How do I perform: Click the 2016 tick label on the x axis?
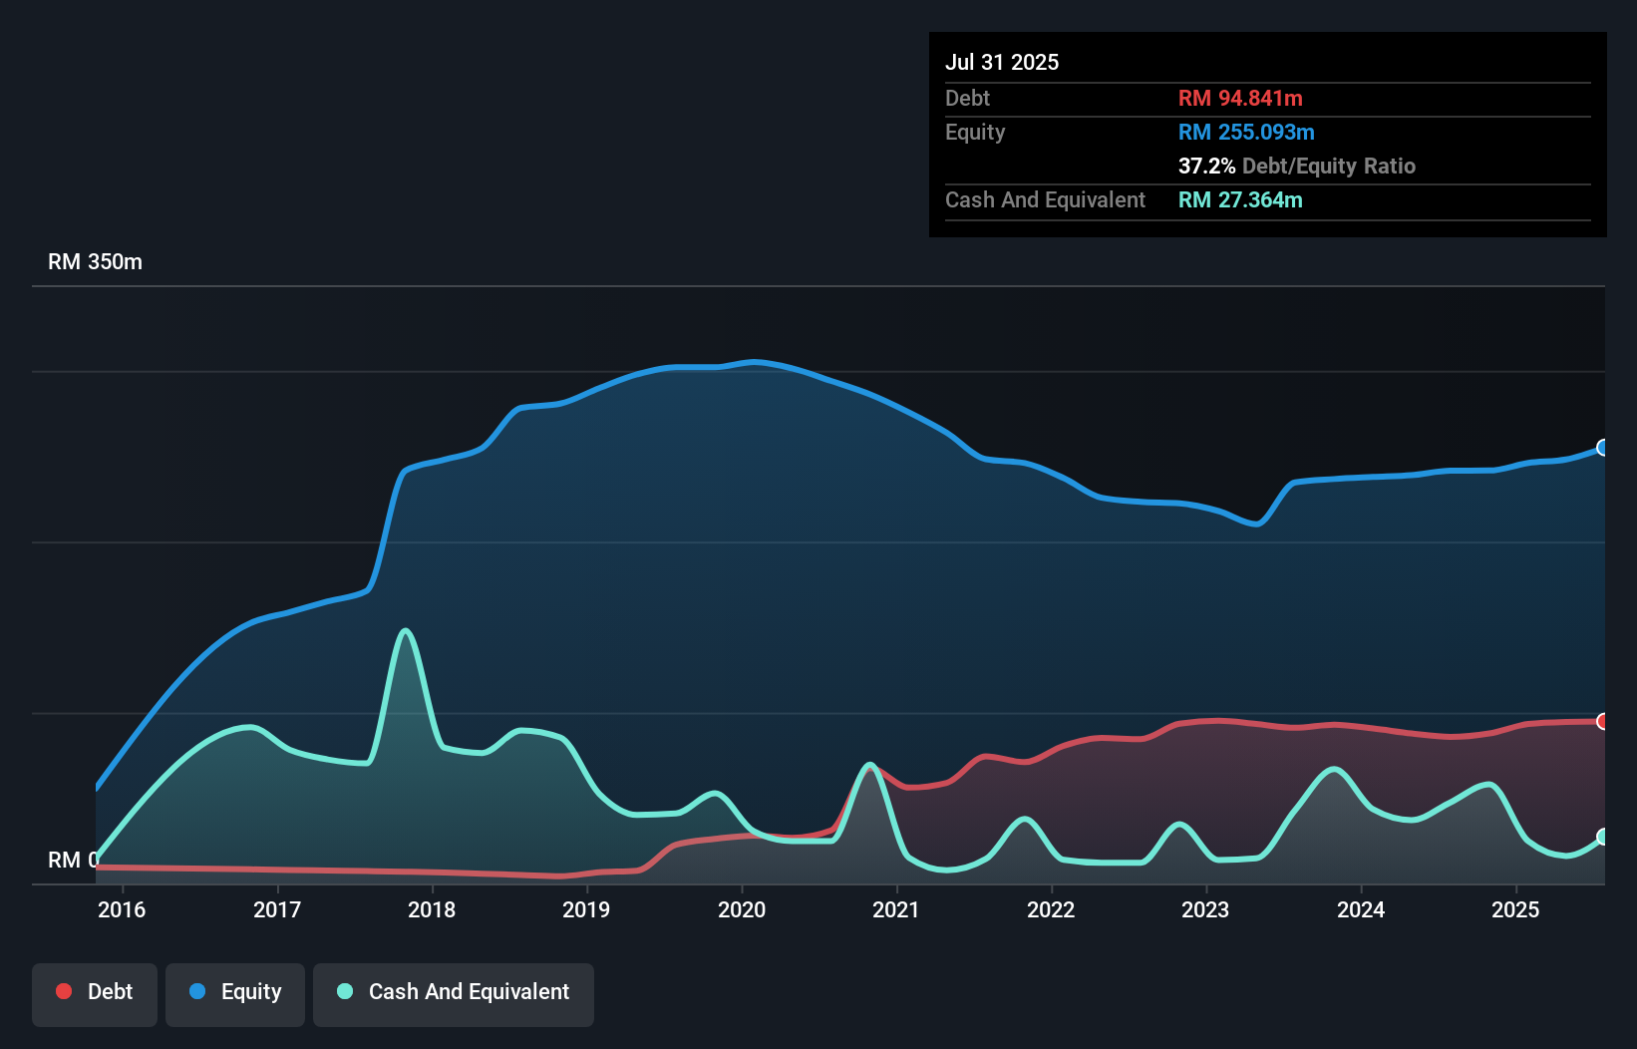coord(122,909)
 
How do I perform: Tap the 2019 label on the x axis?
coord(586,909)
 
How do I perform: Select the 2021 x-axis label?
coord(895,909)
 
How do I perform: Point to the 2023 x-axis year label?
coord(1205,909)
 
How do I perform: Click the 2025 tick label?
coord(1515,909)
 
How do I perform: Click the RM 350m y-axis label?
coord(95,262)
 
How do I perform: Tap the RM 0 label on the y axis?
coord(72,860)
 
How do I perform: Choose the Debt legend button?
coord(95,992)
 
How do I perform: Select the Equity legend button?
coord(235,992)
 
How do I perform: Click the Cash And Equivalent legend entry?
coord(454,992)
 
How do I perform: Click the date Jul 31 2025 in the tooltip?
coord(1002,62)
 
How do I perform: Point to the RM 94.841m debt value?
coord(1240,98)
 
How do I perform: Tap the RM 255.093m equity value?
coord(1246,132)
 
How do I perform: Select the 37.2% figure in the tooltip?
coord(1206,166)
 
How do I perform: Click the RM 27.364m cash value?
coord(1240,199)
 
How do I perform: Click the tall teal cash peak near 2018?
coord(405,631)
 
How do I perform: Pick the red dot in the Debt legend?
coord(64,991)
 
